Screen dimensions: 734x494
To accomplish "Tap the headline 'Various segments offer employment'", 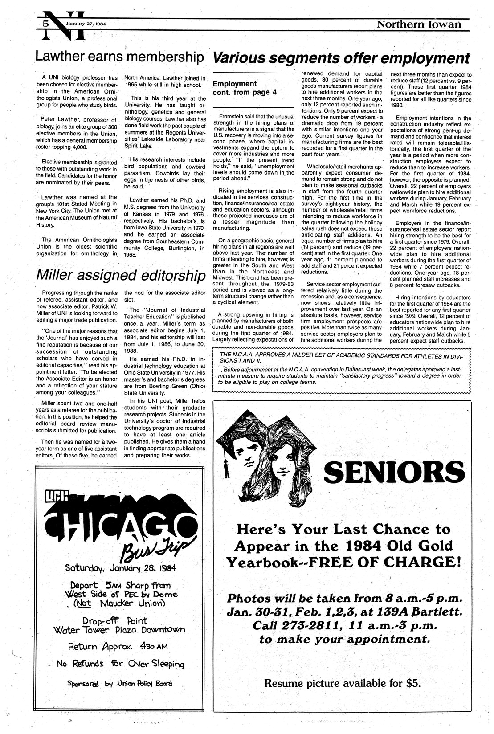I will [x=341, y=58].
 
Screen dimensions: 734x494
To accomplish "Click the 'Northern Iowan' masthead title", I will [x=419, y=24].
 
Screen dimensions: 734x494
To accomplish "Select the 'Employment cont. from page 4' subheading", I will [x=241, y=88].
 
